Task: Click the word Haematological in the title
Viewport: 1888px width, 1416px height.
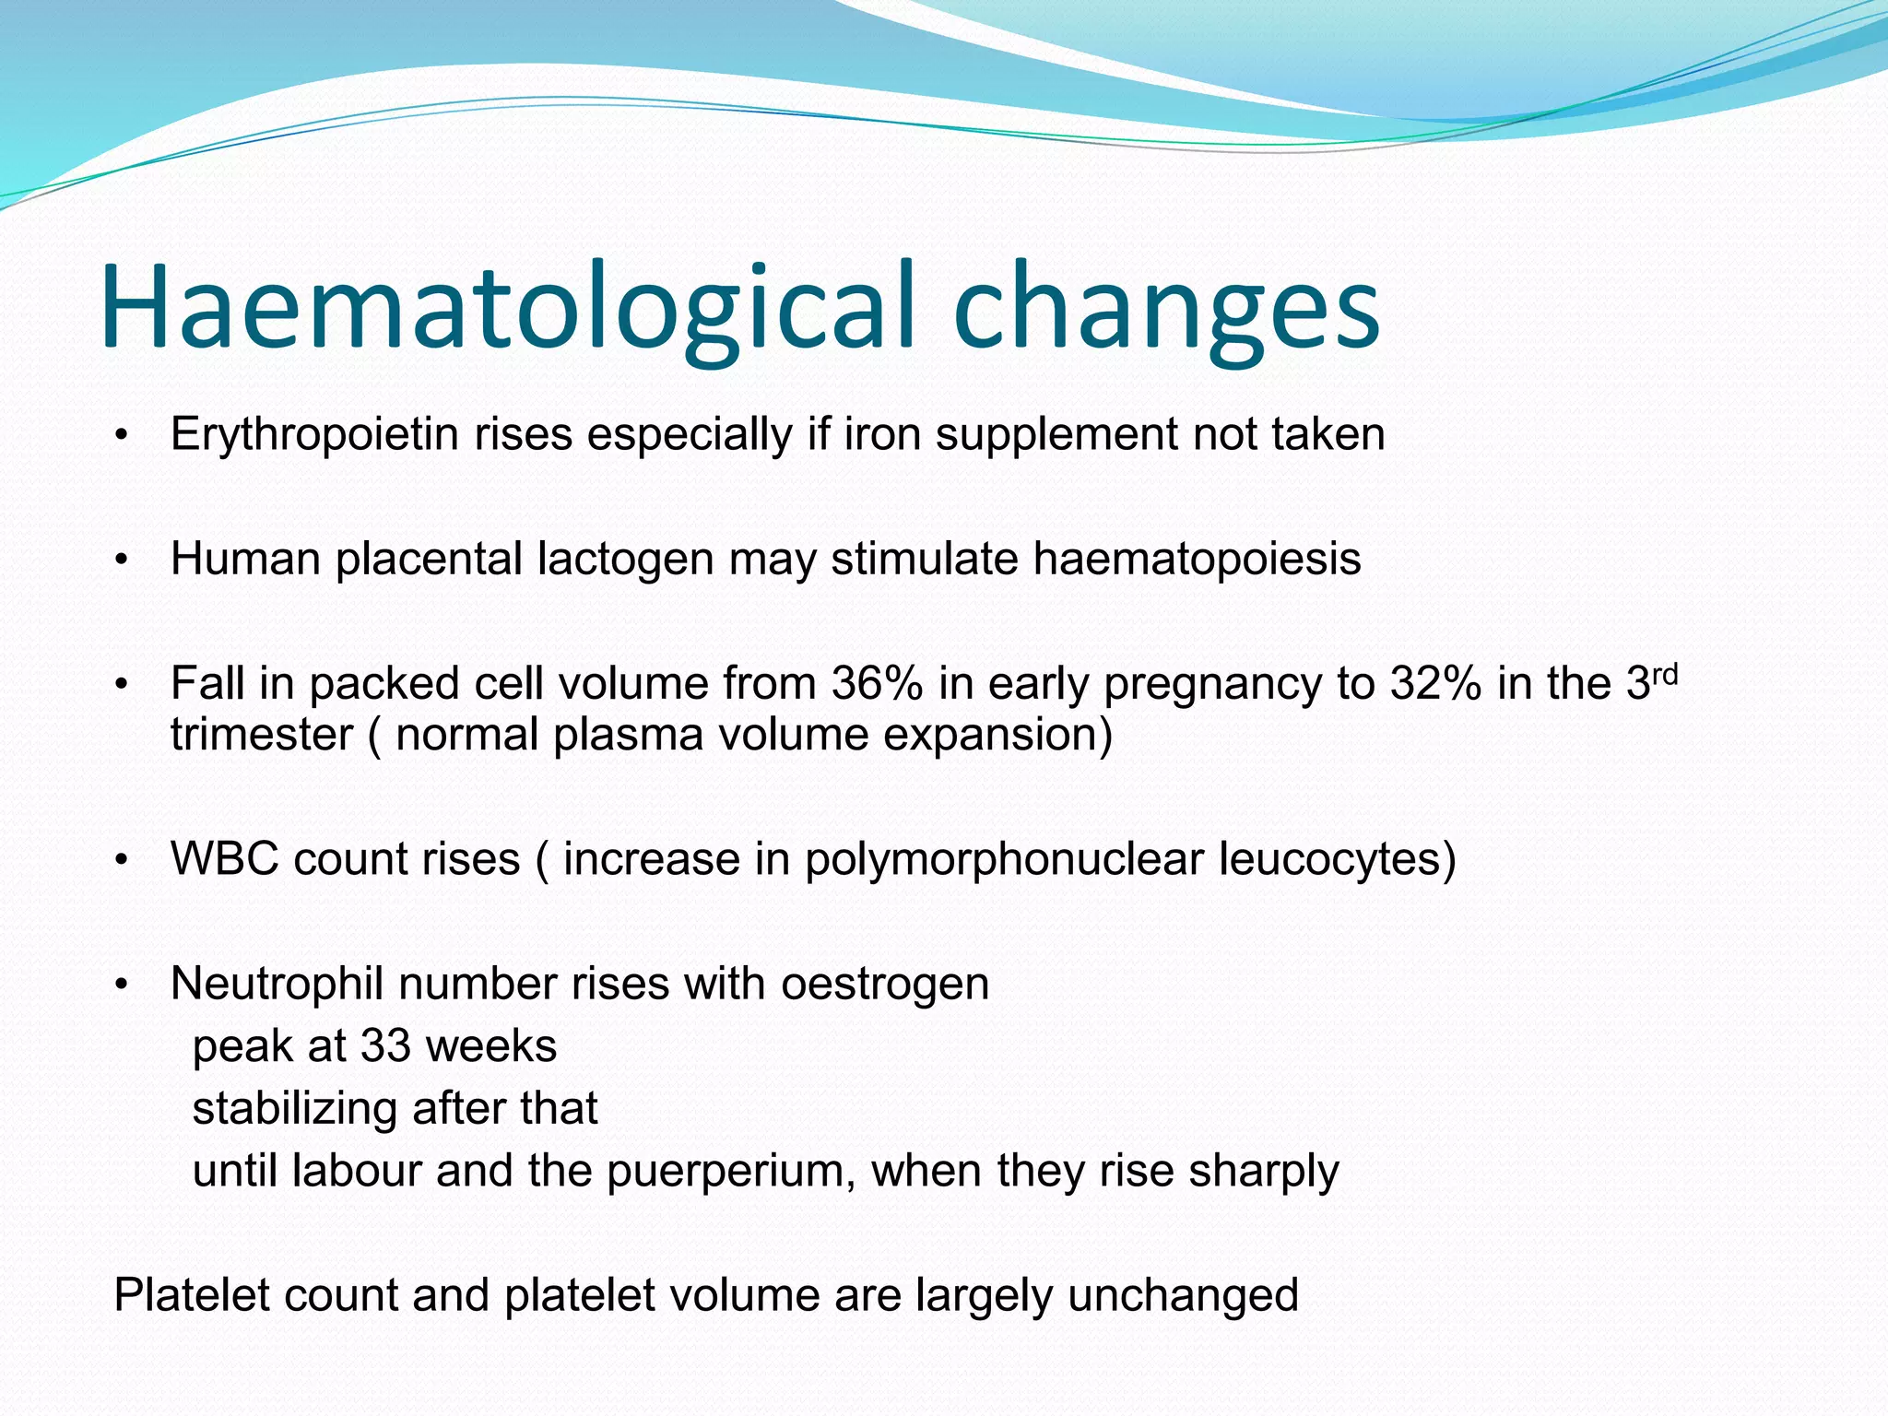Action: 507,309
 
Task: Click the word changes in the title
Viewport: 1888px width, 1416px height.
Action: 1165,309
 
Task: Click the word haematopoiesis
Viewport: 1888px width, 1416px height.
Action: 1197,559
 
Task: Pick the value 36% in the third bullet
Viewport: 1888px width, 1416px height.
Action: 876,684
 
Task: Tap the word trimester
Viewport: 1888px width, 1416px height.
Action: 262,736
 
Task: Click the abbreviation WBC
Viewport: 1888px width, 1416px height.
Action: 225,859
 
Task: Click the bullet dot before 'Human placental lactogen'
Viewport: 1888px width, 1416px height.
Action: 121,560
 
